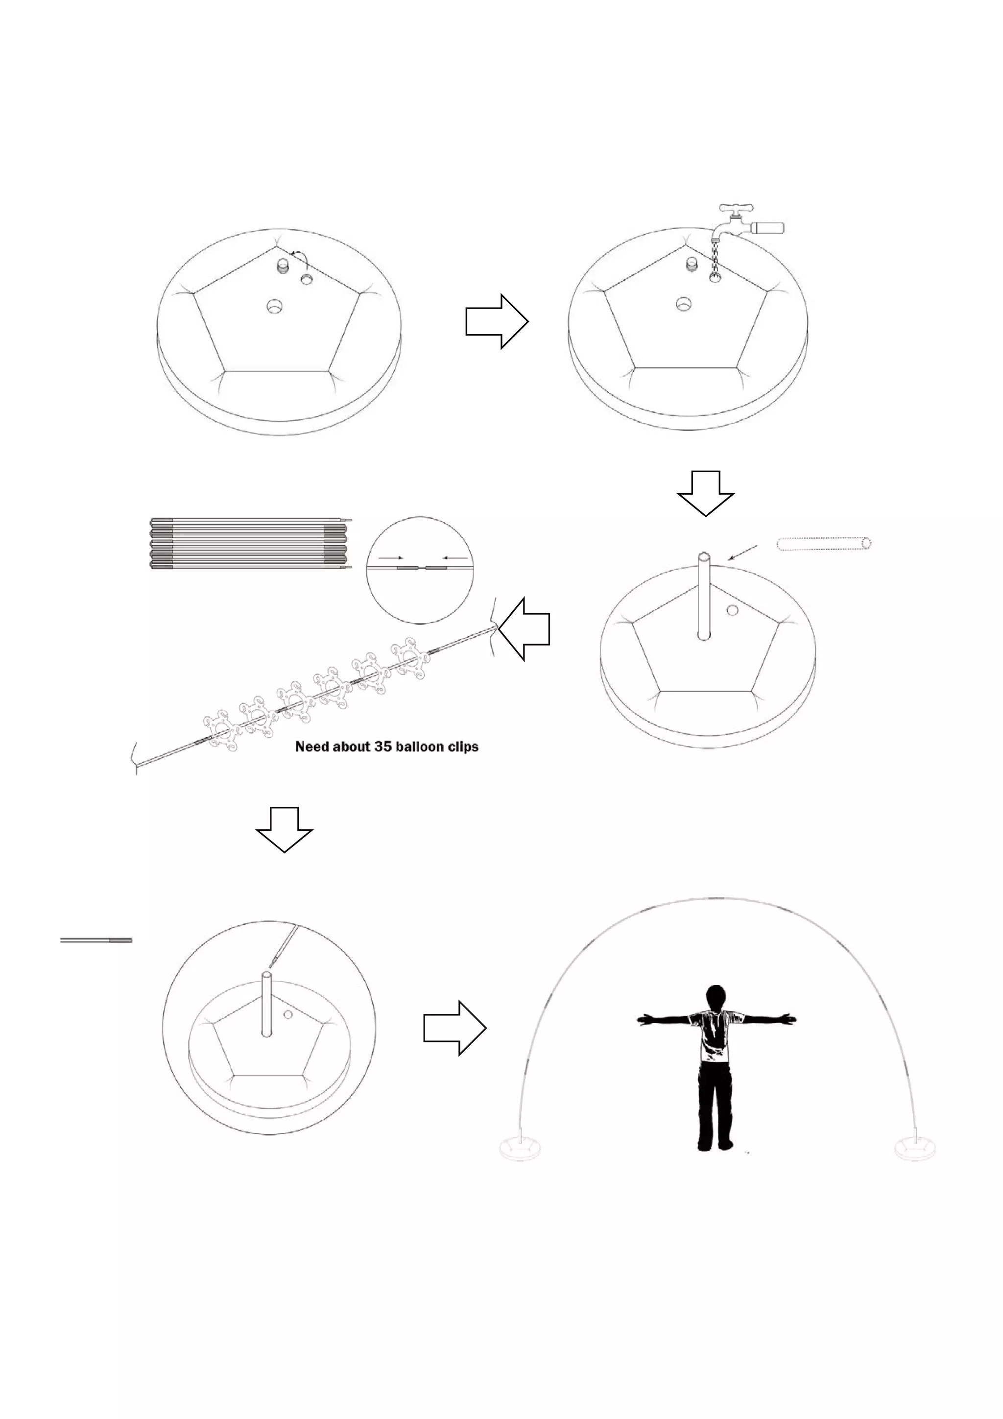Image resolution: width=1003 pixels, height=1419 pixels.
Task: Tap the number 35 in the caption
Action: (382, 746)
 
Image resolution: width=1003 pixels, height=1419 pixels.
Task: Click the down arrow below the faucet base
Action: (705, 493)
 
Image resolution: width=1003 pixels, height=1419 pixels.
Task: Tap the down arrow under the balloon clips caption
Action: (284, 829)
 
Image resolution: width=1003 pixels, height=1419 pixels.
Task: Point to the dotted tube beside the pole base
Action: (824, 544)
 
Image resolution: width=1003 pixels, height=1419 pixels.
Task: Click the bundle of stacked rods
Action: (250, 543)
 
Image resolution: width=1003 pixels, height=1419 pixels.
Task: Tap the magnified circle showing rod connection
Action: (420, 570)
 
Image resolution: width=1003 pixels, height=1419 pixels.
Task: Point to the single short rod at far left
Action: (96, 940)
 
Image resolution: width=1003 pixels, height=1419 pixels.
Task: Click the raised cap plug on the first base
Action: (283, 266)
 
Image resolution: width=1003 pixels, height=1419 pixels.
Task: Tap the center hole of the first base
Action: (274, 305)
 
